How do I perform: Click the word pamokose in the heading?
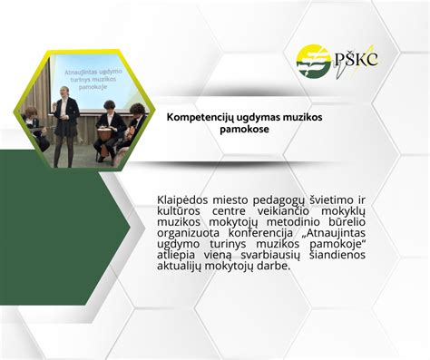245,130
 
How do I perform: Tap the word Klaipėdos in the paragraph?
185,199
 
